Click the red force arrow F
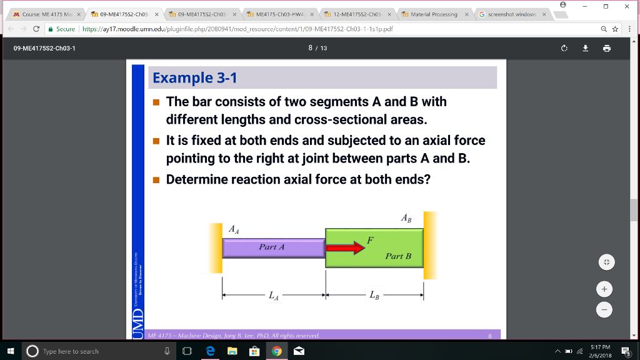[x=345, y=248]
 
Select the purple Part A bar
[x=273, y=247]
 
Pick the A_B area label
[x=406, y=218]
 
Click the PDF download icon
[x=586, y=48]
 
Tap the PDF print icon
[x=606, y=48]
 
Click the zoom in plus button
[x=603, y=289]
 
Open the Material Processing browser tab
[x=432, y=14]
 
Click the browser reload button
[x=36, y=29]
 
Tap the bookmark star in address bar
[x=616, y=29]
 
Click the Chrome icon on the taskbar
[x=276, y=351]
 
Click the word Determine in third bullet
[x=196, y=180]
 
